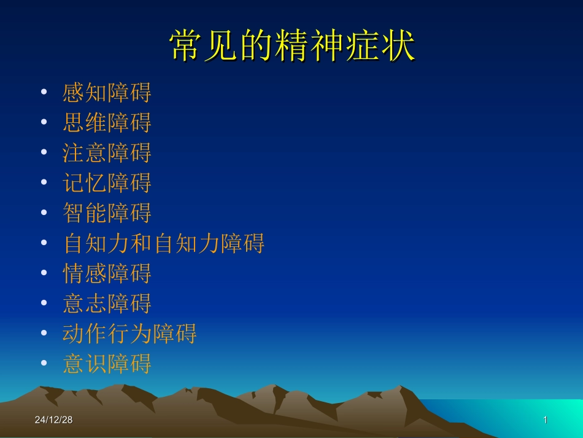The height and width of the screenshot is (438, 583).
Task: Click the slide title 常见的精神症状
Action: point(293,46)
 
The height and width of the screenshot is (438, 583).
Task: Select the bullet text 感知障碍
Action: point(107,93)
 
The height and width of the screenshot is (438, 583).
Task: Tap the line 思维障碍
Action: point(107,123)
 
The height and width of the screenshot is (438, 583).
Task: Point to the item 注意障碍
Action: point(107,153)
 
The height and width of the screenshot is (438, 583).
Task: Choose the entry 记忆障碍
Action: point(107,183)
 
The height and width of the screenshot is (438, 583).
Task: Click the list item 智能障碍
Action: point(107,213)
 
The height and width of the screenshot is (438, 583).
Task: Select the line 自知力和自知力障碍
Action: point(164,243)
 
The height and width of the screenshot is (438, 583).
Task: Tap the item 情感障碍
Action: point(107,273)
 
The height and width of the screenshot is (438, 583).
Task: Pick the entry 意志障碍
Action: point(107,303)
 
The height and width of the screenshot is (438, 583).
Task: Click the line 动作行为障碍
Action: point(129,334)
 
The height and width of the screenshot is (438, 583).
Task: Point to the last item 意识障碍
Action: point(107,364)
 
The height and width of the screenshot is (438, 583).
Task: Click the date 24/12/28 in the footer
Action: point(53,420)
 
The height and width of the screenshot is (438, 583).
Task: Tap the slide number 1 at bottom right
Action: point(545,420)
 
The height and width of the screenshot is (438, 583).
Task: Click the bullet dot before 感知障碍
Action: point(44,93)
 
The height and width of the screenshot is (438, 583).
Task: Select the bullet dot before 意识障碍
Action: point(44,364)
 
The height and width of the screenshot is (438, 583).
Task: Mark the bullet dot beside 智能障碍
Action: point(44,213)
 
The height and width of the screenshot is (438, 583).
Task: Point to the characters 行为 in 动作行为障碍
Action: point(141,334)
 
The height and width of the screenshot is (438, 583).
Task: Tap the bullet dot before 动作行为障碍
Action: point(44,334)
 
